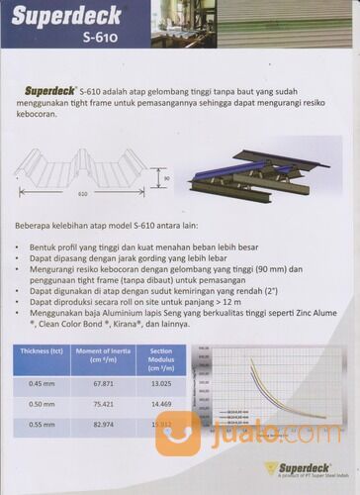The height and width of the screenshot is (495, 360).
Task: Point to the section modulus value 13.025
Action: click(x=160, y=383)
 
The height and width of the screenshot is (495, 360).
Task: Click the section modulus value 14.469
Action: click(x=160, y=404)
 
